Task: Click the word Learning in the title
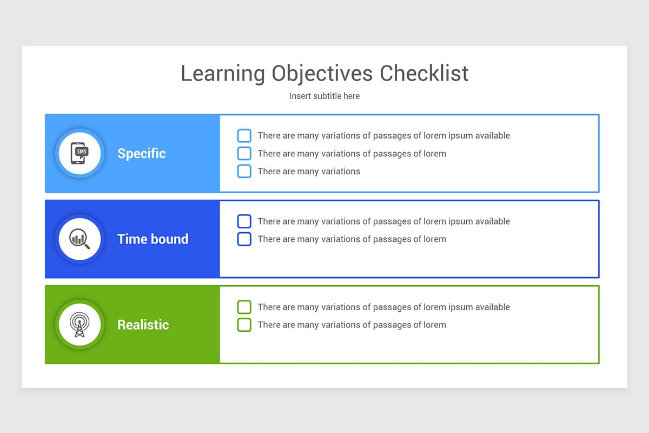[x=223, y=74]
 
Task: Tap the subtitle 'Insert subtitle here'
[x=325, y=96]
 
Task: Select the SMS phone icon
[x=80, y=153]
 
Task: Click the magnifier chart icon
[x=80, y=239]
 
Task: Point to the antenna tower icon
[x=80, y=325]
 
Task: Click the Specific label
[x=142, y=154]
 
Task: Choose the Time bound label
[x=153, y=239]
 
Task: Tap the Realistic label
[x=143, y=325]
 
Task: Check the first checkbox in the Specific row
[x=244, y=136]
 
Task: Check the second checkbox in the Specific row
[x=244, y=154]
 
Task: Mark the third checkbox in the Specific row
[x=244, y=171]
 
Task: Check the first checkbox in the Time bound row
[x=244, y=221]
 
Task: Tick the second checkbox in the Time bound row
[x=244, y=239]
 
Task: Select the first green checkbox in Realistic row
[x=244, y=307]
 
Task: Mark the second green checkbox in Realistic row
[x=244, y=325]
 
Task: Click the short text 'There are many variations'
[x=309, y=172]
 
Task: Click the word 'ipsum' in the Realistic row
[x=459, y=307]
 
